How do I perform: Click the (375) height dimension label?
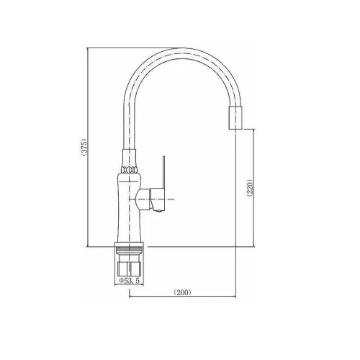pyautogui.click(x=85, y=148)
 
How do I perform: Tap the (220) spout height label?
pyautogui.click(x=250, y=188)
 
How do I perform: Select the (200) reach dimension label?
pyautogui.click(x=182, y=292)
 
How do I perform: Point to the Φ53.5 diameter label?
pyautogui.click(x=129, y=281)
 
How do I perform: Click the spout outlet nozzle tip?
pyautogui.click(x=235, y=117)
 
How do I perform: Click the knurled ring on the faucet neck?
pyautogui.click(x=130, y=170)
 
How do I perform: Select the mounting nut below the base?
pyautogui.click(x=129, y=269)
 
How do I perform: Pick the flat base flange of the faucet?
pyautogui.click(x=129, y=245)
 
